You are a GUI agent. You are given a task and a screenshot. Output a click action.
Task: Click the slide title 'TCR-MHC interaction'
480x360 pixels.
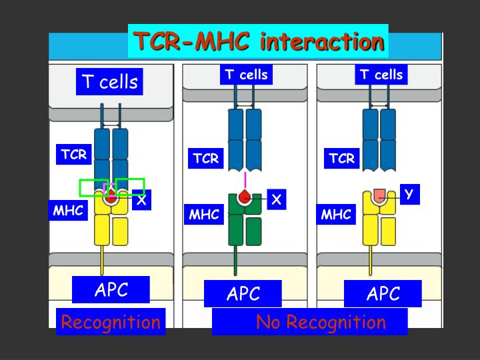click(259, 41)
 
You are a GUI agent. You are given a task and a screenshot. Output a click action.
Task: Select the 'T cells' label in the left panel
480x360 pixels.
click(110, 82)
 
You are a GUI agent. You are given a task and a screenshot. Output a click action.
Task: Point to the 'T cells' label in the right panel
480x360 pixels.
click(381, 75)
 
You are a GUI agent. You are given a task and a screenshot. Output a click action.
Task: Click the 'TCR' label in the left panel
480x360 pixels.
click(74, 155)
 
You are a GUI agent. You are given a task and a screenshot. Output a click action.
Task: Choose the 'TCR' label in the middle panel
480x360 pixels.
click(206, 158)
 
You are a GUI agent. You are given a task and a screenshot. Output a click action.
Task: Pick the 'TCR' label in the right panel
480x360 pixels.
click(342, 158)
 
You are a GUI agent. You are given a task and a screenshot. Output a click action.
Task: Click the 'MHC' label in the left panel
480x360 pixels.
click(69, 211)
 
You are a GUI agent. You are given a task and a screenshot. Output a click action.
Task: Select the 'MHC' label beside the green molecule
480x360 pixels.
click(204, 215)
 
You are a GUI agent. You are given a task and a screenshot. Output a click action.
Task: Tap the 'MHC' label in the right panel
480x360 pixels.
click(336, 215)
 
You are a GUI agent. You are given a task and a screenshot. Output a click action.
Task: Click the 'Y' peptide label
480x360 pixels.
click(409, 194)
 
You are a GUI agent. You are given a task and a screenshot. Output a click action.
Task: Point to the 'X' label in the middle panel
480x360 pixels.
click(277, 199)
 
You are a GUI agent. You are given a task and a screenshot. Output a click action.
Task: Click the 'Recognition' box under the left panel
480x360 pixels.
click(111, 323)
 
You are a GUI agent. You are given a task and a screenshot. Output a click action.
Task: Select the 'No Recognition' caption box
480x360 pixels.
click(310, 323)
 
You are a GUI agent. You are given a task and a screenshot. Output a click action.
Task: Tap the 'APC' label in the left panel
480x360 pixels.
click(111, 290)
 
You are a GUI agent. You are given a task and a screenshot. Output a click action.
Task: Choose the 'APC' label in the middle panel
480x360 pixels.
click(243, 294)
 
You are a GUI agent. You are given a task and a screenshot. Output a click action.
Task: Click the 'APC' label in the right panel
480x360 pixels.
click(383, 294)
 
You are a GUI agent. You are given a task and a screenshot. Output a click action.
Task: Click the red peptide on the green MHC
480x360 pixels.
click(245, 197)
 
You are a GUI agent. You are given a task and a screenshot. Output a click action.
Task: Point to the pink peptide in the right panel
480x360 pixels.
click(379, 194)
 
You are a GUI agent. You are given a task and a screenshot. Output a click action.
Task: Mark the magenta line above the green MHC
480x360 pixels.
click(245, 180)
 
